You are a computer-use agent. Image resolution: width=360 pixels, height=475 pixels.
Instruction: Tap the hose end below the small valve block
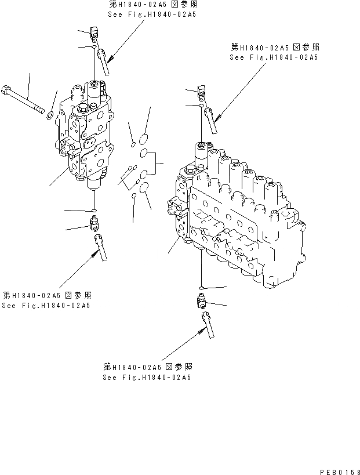(x=99, y=246)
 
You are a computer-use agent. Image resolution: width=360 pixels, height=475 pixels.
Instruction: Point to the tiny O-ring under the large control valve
(x=199, y=288)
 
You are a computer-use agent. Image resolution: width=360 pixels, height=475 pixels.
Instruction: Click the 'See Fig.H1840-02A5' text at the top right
(x=274, y=57)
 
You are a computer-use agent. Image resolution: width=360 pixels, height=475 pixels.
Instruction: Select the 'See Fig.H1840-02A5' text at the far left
(x=46, y=306)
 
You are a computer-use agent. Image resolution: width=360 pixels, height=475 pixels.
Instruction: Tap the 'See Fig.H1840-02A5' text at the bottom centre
(x=147, y=377)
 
